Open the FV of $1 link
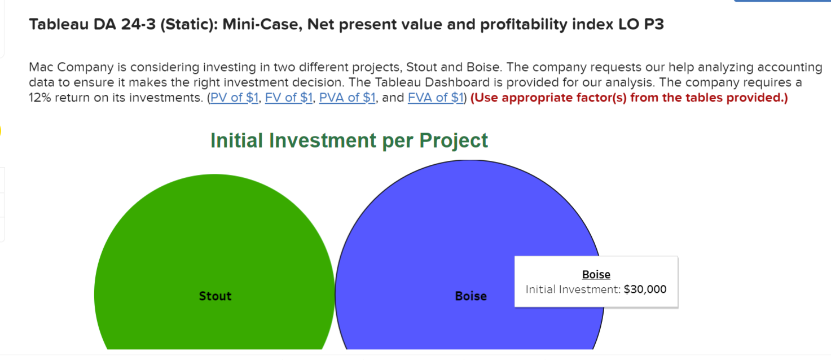pyautogui.click(x=289, y=98)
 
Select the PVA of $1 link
pyautogui.click(x=347, y=98)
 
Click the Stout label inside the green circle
pyautogui.click(x=215, y=296)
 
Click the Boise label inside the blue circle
pyautogui.click(x=471, y=296)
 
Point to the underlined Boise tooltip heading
pyautogui.click(x=596, y=275)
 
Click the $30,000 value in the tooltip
pyautogui.click(x=645, y=289)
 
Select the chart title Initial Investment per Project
pyautogui.click(x=349, y=141)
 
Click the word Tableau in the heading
pyautogui.click(x=56, y=25)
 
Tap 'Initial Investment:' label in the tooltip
pyautogui.click(x=573, y=289)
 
